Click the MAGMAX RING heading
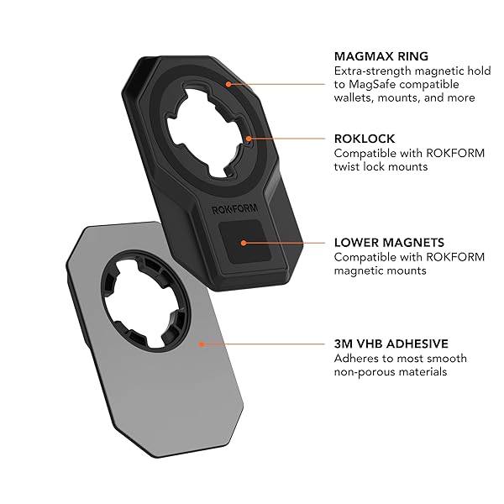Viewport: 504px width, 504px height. click(381, 56)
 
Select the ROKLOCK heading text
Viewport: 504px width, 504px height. click(365, 139)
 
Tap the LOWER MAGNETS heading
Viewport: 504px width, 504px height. click(389, 243)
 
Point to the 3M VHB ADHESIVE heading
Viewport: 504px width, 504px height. click(391, 344)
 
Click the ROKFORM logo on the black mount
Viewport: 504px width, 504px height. click(234, 209)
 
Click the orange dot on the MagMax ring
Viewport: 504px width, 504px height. click(228, 84)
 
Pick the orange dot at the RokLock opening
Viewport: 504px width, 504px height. click(249, 139)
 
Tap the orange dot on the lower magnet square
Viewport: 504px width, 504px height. click(244, 243)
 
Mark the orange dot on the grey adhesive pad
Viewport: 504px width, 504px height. click(202, 344)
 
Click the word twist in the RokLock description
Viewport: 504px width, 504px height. click(347, 167)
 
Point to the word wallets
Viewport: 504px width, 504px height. click(354, 97)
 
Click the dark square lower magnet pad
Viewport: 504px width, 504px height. click(244, 242)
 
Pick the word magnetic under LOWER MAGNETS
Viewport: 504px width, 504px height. click(358, 270)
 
